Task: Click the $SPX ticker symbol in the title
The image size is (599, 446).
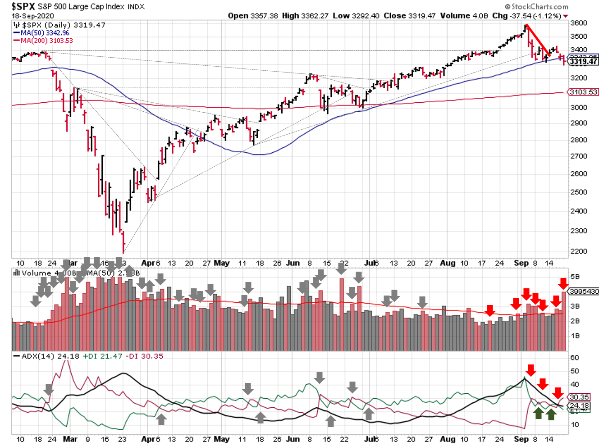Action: (23, 6)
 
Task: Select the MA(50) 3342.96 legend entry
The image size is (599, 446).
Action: (45, 33)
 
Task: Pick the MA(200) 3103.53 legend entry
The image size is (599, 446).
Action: (46, 41)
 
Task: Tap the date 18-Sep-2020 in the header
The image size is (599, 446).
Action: (32, 16)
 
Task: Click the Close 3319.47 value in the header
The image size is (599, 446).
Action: (409, 16)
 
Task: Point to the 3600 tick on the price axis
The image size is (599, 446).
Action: (578, 23)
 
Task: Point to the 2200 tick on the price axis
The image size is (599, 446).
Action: (578, 251)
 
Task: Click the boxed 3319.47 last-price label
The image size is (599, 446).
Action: (583, 61)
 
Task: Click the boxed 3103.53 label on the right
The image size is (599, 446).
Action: (583, 92)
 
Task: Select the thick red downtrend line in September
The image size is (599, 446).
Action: (538, 41)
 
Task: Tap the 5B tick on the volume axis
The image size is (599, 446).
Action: (575, 277)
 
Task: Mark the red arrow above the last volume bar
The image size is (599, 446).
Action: (563, 284)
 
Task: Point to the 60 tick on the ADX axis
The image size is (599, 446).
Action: (575, 358)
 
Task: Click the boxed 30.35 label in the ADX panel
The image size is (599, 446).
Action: (579, 397)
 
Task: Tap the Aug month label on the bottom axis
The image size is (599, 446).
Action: (447, 439)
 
